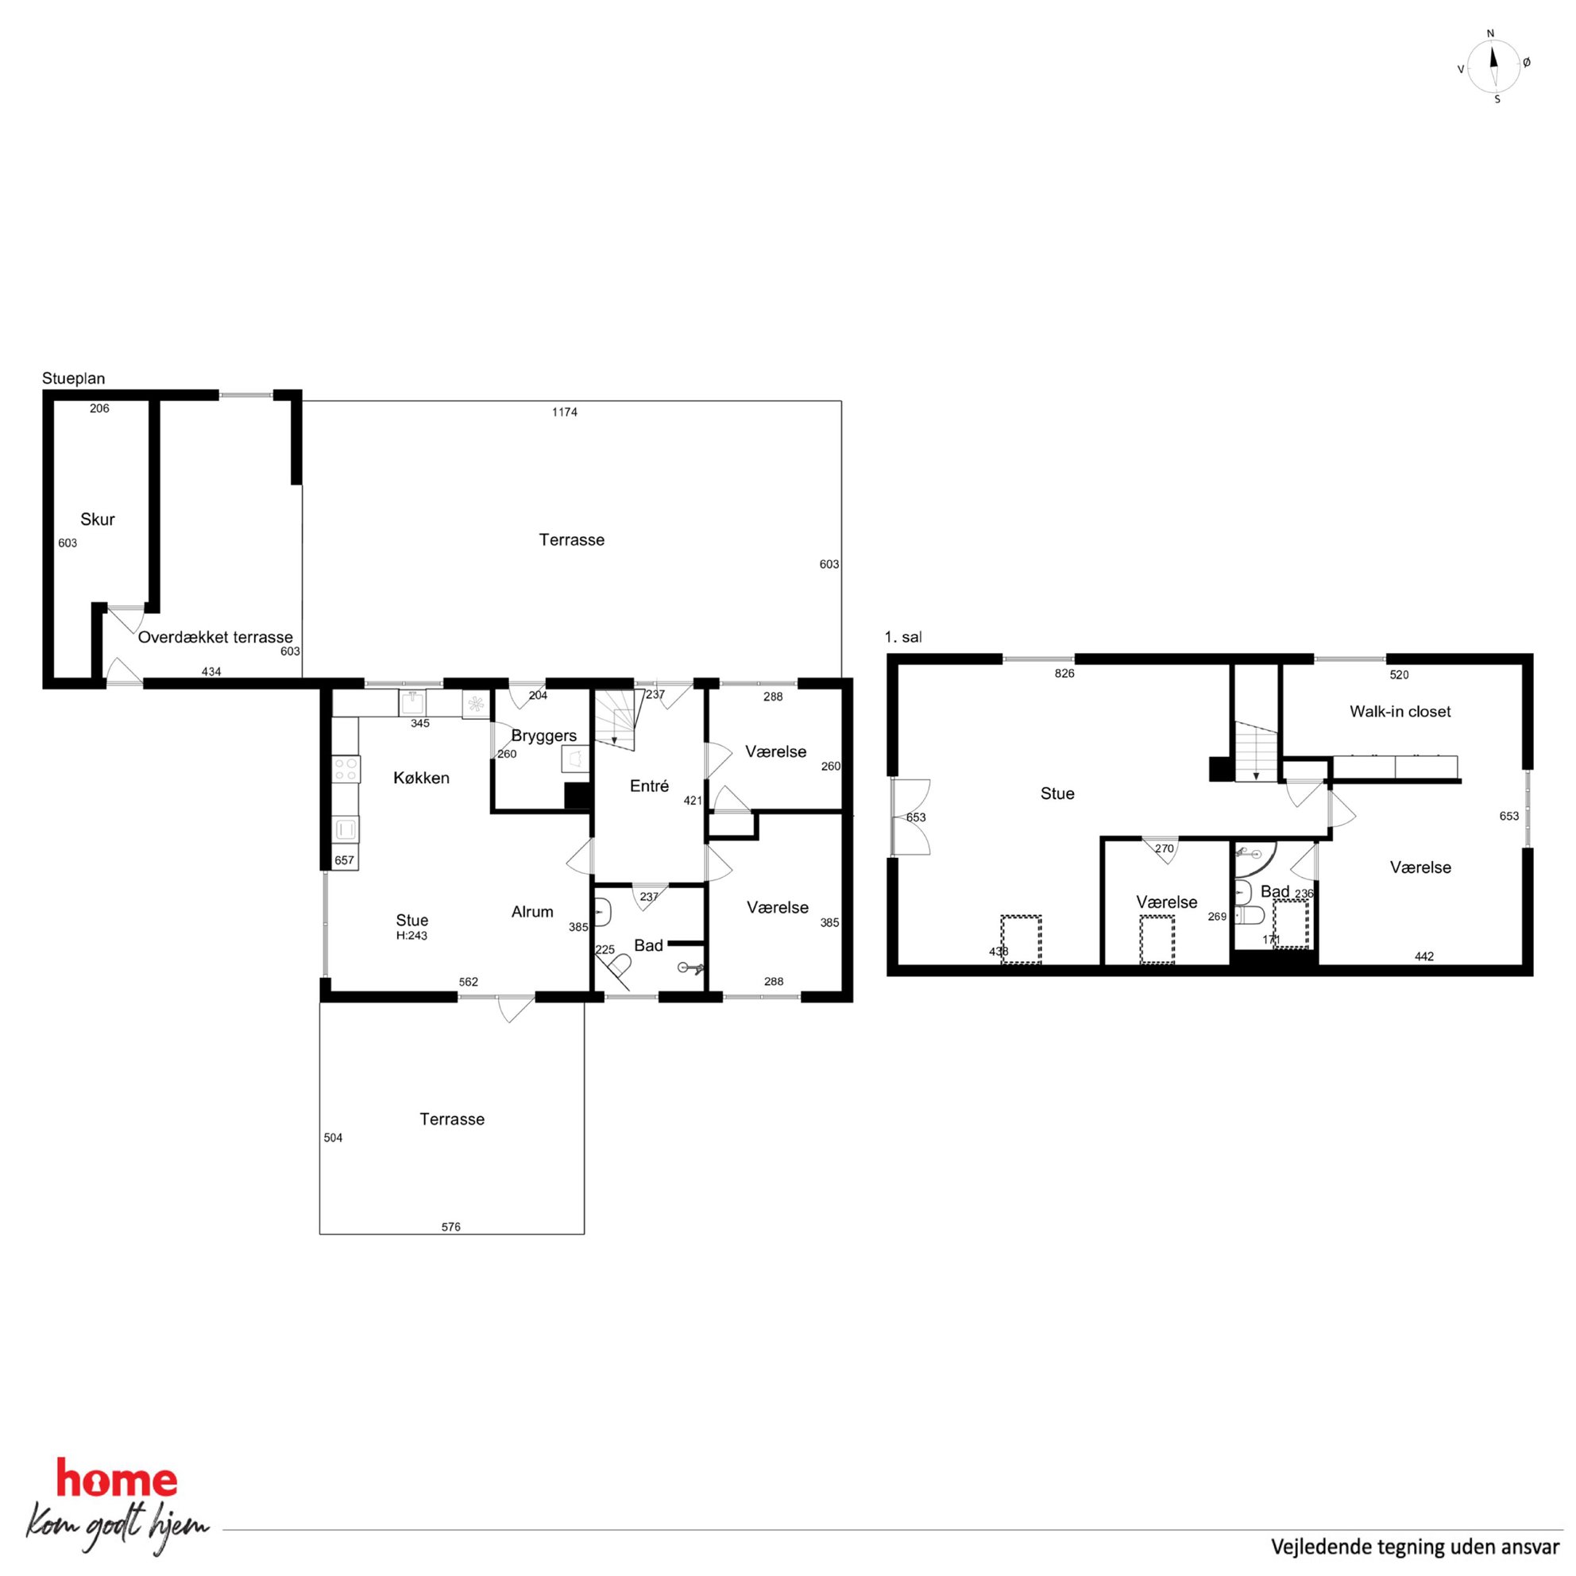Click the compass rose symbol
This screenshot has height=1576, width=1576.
[x=1493, y=66]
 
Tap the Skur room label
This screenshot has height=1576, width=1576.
[x=97, y=520]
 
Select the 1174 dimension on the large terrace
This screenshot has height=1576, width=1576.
[x=565, y=412]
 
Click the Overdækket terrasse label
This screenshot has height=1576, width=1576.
[x=215, y=637]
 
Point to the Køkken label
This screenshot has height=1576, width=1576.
[x=421, y=778]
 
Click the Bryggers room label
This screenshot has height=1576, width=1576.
[x=544, y=736]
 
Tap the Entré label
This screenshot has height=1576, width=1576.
[x=649, y=786]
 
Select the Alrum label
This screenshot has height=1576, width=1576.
[x=532, y=912]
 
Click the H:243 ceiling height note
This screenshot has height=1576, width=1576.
[x=412, y=936]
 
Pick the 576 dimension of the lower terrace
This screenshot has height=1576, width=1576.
[x=451, y=1226]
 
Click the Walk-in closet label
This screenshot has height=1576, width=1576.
[x=1400, y=711]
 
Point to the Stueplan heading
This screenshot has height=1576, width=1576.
[x=73, y=378]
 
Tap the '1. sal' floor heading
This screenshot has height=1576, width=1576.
[x=903, y=637]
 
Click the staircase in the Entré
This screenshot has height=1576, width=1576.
[x=615, y=720]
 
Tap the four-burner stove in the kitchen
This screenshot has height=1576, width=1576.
[x=346, y=768]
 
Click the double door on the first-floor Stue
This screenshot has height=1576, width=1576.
[x=911, y=817]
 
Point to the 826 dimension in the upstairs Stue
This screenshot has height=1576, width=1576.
[x=1064, y=673]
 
